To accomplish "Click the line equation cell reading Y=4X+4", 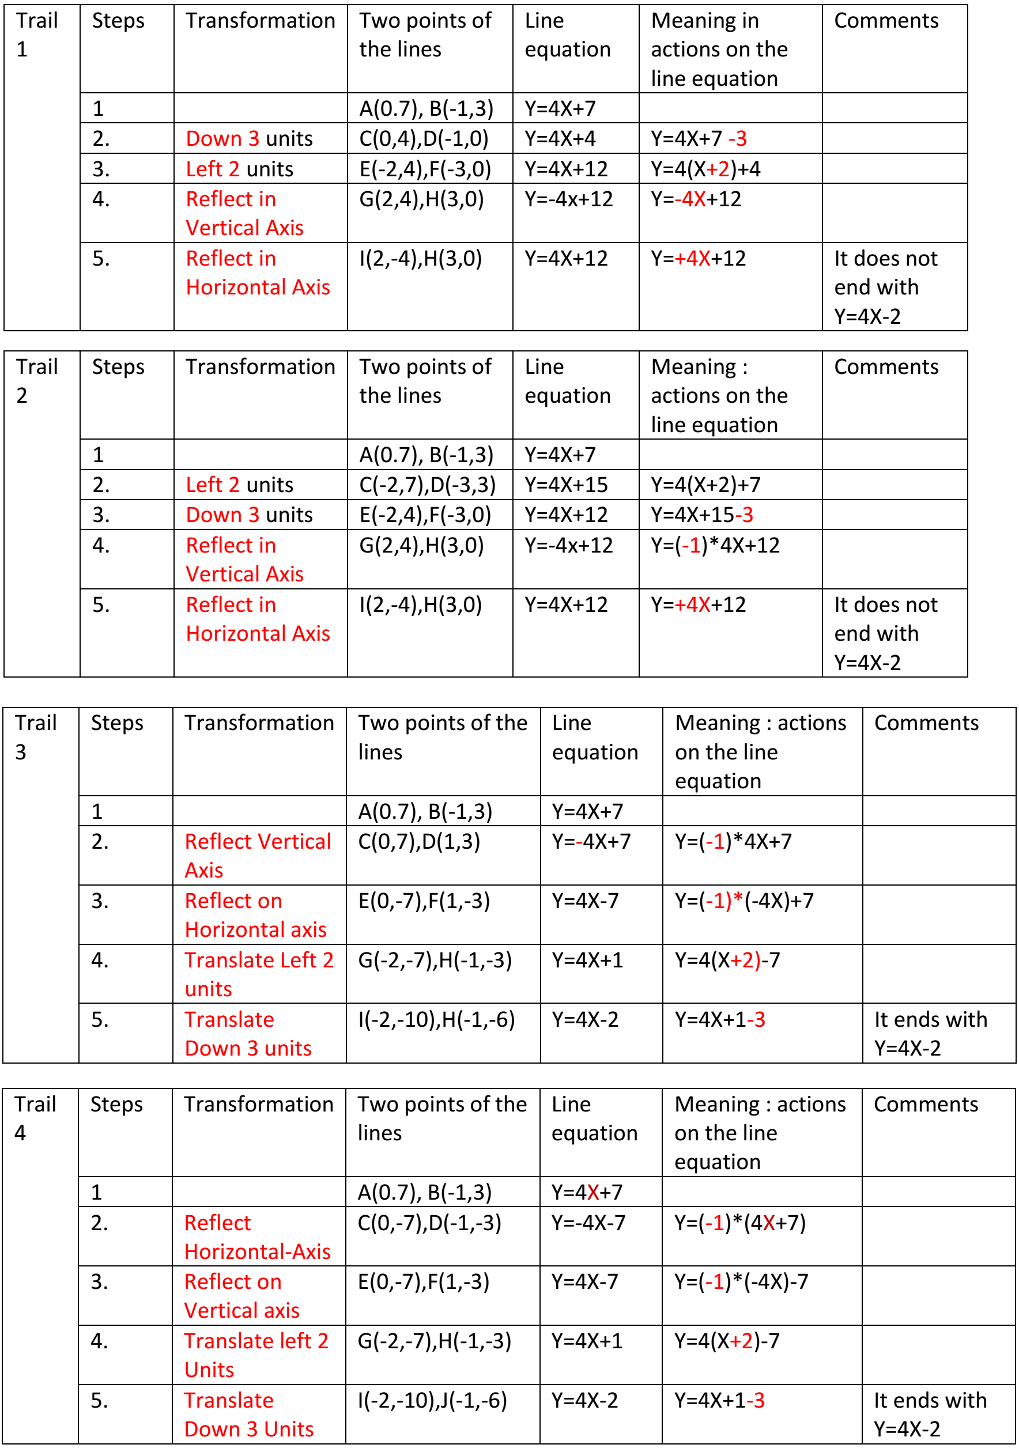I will pyautogui.click(x=560, y=138).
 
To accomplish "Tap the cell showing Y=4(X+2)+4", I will pyautogui.click(x=706, y=169).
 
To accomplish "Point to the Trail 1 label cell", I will pyautogui.click(x=37, y=35).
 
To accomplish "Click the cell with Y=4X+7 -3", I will pyautogui.click(x=699, y=138).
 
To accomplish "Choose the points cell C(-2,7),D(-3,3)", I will pyautogui.click(x=428, y=485).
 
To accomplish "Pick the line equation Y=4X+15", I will pyautogui.click(x=566, y=485).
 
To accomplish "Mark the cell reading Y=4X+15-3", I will pyautogui.click(x=702, y=515).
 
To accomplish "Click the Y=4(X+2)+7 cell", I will pyautogui.click(x=706, y=485).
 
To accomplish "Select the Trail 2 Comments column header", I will pyautogui.click(x=886, y=367).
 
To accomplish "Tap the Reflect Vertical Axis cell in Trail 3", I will pyautogui.click(x=258, y=855).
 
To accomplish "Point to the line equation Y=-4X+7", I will pyautogui.click(x=591, y=842).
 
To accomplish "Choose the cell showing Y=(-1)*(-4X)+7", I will pyautogui.click(x=745, y=901).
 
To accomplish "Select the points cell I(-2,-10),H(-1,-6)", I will pyautogui.click(x=436, y=1019).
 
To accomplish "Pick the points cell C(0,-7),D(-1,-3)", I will pyautogui.click(x=429, y=1223).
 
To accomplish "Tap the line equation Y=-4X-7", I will pyautogui.click(x=588, y=1223).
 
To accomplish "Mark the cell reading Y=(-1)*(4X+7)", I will pyautogui.click(x=740, y=1223).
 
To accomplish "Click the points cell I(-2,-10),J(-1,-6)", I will pyautogui.click(x=433, y=1400).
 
